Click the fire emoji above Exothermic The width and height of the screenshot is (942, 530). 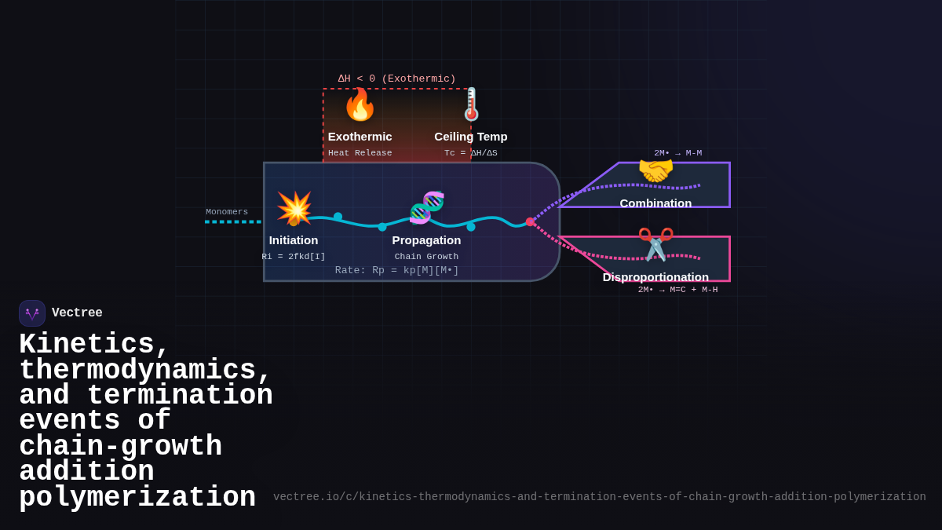(360, 105)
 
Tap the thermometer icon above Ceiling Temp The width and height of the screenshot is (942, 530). (471, 104)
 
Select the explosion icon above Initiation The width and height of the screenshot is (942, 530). (294, 208)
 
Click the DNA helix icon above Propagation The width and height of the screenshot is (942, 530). (427, 207)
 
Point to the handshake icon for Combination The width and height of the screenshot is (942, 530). (655, 170)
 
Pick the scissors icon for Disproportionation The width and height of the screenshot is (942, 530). (655, 243)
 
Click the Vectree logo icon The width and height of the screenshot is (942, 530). (32, 313)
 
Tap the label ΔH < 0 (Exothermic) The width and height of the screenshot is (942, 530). (396, 79)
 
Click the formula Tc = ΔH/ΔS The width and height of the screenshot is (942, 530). (471, 153)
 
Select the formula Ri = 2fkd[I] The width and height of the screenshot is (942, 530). (294, 257)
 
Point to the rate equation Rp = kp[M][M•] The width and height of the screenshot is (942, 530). (396, 270)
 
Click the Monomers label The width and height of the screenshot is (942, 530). (227, 212)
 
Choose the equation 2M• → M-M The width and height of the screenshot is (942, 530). (677, 153)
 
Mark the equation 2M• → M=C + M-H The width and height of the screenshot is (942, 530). (677, 290)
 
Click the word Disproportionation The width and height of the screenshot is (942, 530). (655, 276)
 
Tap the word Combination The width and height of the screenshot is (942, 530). (655, 203)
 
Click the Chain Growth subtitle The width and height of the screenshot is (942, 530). (426, 257)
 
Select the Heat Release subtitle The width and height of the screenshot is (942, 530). (360, 153)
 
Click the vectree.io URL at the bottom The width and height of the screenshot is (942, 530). (599, 497)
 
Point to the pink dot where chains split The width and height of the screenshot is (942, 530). (530, 222)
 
